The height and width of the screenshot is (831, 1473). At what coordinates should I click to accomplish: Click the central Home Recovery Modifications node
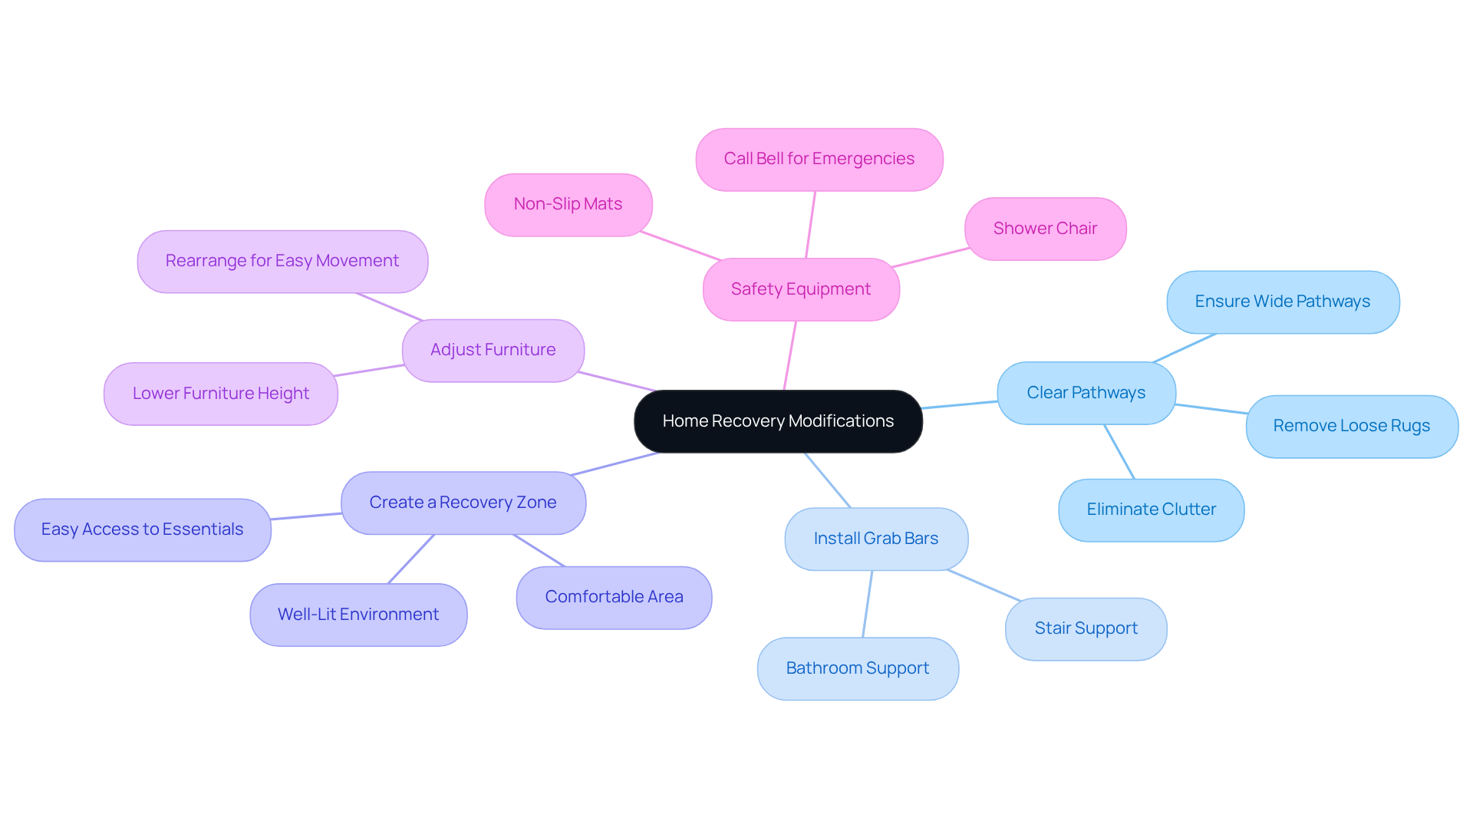point(778,421)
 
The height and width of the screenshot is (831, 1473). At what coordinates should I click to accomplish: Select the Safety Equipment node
point(800,289)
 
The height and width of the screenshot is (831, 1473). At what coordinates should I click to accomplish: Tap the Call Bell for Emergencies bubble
point(819,159)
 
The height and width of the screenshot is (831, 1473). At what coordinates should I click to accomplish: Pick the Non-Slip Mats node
point(568,204)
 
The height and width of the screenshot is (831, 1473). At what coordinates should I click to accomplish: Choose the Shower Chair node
point(1045,229)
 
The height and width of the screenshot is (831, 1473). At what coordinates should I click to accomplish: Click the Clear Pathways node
point(1086,393)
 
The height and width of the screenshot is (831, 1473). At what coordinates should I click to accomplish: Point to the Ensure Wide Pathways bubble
point(1282,302)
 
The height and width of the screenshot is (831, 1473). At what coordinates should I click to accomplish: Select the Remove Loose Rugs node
point(1351,426)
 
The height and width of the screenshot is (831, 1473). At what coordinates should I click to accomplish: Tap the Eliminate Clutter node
point(1151,509)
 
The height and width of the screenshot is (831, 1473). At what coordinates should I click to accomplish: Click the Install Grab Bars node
point(875,539)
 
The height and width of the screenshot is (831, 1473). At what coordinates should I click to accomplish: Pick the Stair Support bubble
point(1086,628)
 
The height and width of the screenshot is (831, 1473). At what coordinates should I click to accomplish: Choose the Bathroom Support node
point(857,668)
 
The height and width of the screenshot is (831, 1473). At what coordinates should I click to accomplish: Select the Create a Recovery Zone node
point(463,503)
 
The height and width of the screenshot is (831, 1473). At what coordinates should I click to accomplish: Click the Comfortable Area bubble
point(614,597)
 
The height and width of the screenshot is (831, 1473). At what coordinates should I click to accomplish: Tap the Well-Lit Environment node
point(358,615)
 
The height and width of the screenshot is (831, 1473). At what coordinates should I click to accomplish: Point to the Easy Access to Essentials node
point(142,529)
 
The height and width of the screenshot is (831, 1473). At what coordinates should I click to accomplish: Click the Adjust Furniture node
point(493,350)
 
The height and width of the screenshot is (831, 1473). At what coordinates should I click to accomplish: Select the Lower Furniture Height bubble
point(220,394)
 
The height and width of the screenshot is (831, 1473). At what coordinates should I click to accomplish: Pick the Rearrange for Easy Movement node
point(282,261)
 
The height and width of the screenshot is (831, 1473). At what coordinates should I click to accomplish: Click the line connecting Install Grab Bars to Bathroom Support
point(868,604)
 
